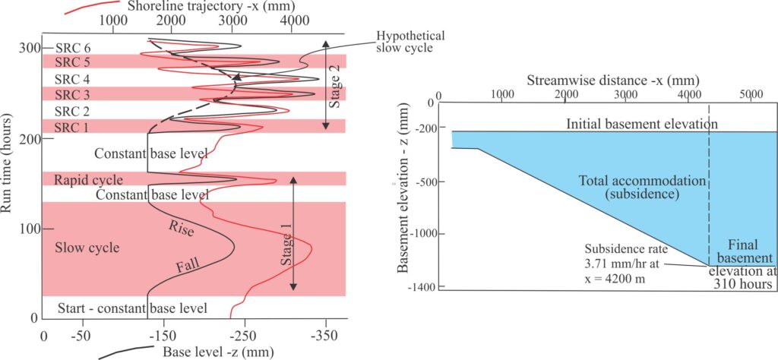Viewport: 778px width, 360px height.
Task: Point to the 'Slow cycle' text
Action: click(82, 248)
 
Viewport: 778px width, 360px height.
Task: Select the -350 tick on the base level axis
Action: click(324, 335)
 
